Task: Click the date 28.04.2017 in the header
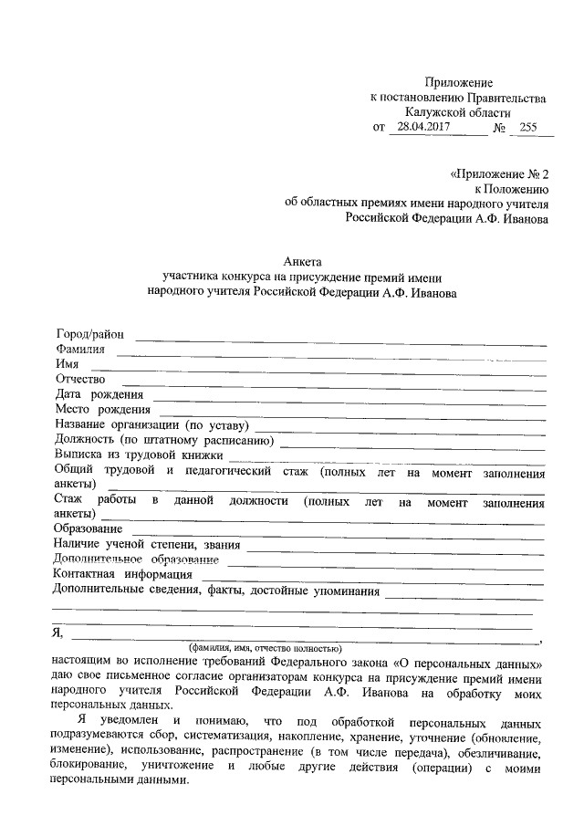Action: pos(419,129)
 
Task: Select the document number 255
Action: pos(528,129)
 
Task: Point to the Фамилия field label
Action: pos(80,349)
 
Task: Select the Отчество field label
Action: pos(80,379)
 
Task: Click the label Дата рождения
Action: pos(99,394)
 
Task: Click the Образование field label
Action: pos(89,529)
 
